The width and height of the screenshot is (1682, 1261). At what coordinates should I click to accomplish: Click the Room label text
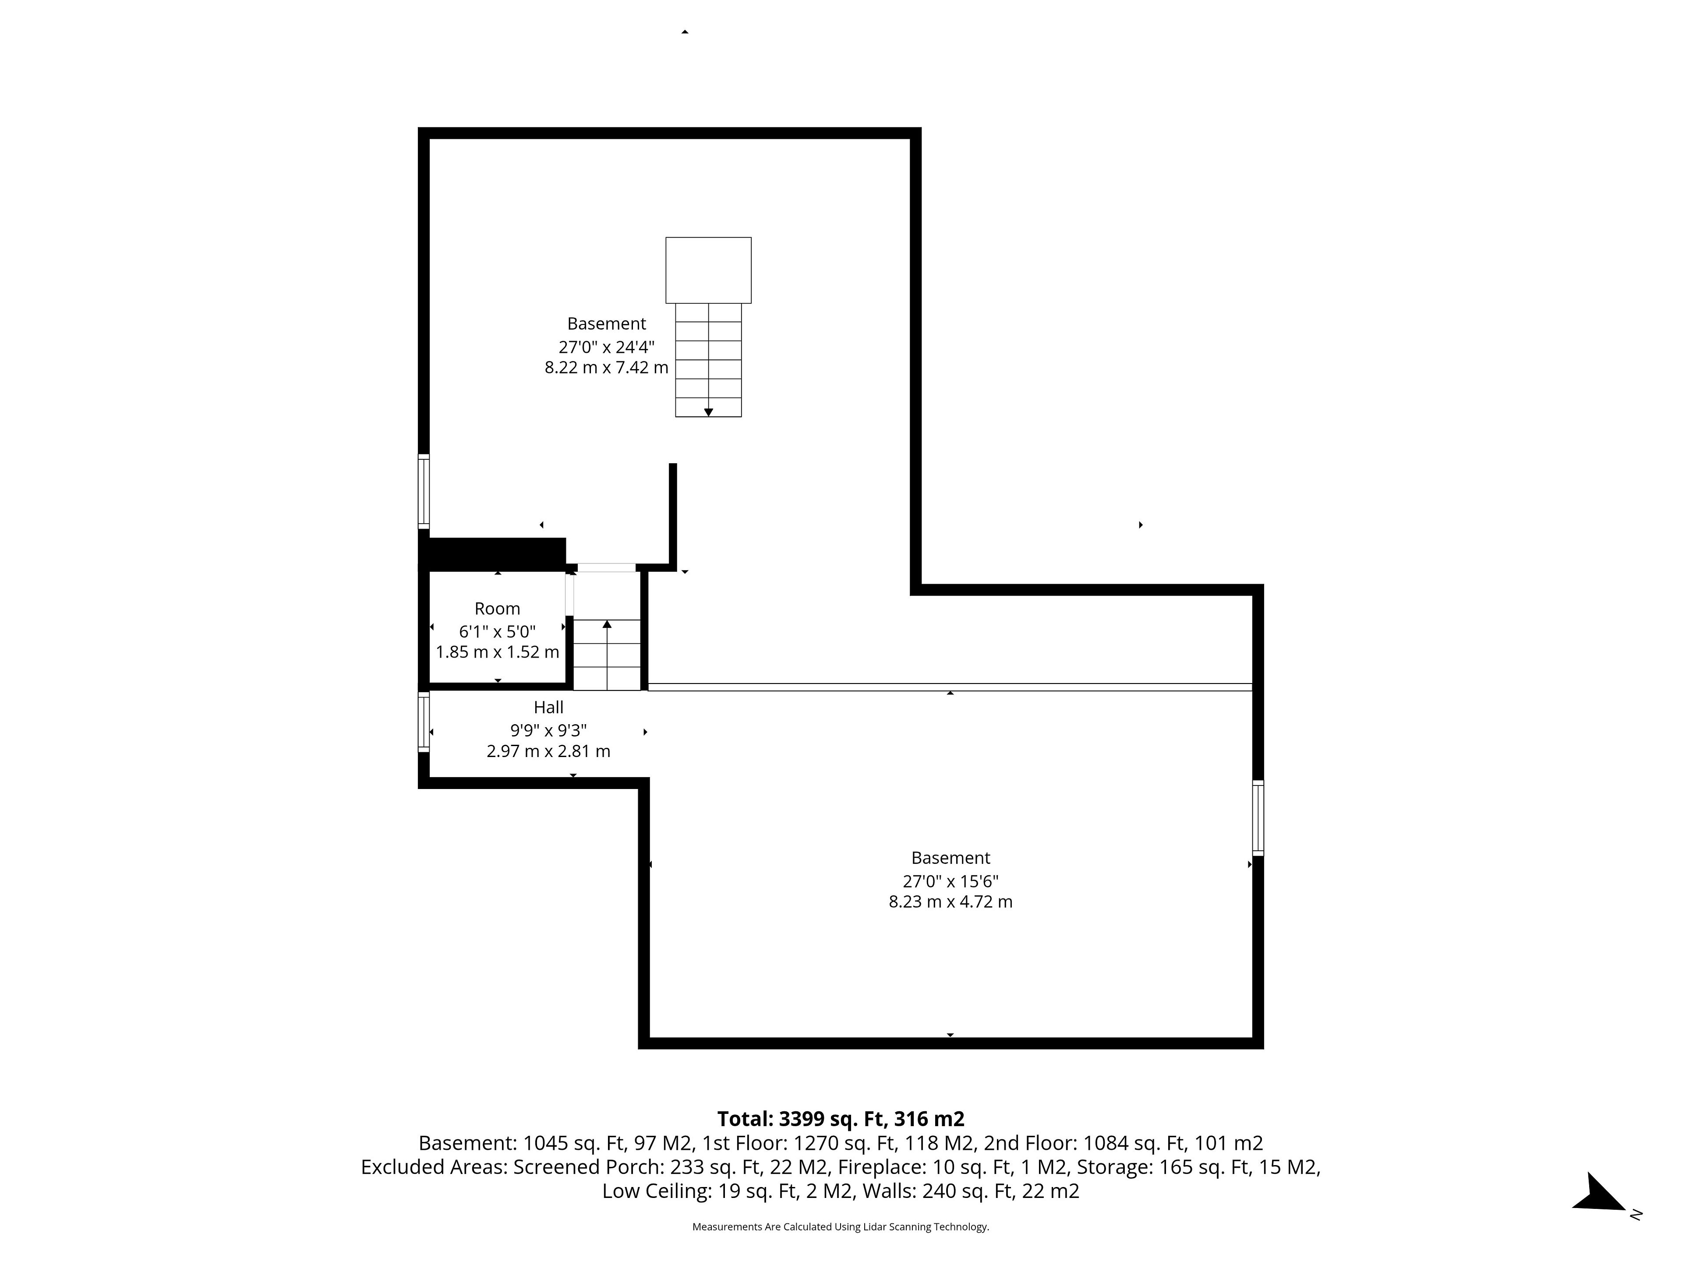497,609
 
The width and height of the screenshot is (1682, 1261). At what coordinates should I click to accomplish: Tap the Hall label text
548,708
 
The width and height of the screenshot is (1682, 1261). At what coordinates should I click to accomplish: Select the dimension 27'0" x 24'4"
606,347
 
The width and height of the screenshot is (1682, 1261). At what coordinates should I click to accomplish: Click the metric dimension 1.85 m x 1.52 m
497,652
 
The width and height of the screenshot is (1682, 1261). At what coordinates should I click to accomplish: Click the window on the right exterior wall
1258,818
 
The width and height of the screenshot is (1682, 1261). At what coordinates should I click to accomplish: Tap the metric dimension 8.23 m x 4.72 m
951,902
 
